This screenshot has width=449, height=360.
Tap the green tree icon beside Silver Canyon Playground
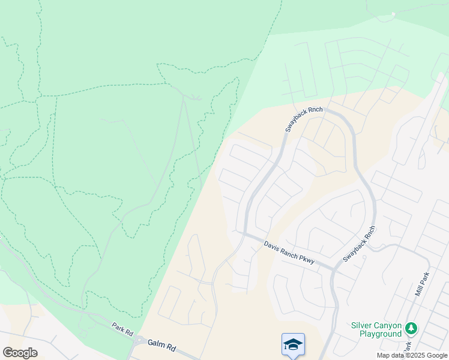pyautogui.click(x=411, y=328)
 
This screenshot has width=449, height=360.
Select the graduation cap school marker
pyautogui.click(x=293, y=344)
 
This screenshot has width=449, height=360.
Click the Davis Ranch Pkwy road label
pyautogui.click(x=289, y=253)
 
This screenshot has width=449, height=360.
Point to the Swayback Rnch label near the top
pyautogui.click(x=304, y=119)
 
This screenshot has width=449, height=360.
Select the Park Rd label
pyautogui.click(x=121, y=329)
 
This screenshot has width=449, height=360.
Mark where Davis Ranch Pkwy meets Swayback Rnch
pyautogui.click(x=334, y=269)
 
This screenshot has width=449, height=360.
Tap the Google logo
pyautogui.click(x=20, y=352)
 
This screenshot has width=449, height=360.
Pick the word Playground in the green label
pyautogui.click(x=381, y=333)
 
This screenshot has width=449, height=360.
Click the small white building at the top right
pyautogui.click(x=393, y=14)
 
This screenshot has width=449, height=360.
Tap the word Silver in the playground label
pyautogui.click(x=363, y=325)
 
